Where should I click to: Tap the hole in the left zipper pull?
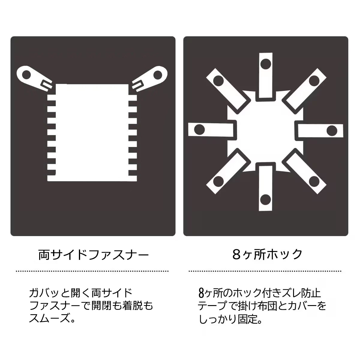[26, 75]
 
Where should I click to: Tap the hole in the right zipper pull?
[158, 75]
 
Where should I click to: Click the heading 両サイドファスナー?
[93, 255]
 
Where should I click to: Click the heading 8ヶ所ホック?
[267, 254]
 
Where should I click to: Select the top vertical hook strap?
[266, 75]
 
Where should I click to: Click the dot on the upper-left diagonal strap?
[218, 81]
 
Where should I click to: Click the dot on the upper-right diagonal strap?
[314, 80]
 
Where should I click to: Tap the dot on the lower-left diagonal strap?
[218, 181]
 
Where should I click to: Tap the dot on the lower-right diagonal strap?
[314, 181]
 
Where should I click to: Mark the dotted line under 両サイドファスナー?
[92, 271]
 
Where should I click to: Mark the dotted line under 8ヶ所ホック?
[265, 271]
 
